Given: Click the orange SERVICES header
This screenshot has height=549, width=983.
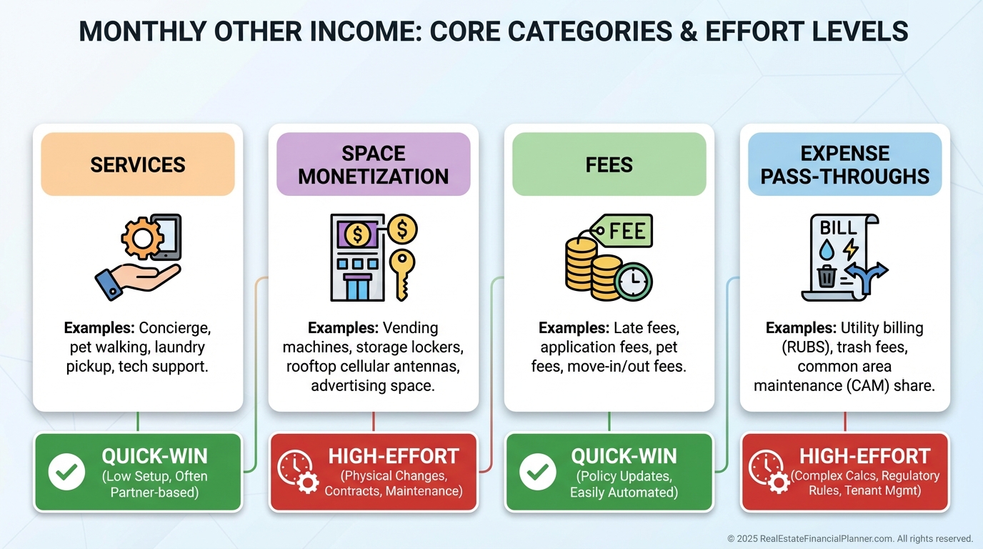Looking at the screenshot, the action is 138,164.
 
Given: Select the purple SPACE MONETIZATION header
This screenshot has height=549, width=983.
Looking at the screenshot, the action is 374,164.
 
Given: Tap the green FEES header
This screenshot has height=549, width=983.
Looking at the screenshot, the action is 609,164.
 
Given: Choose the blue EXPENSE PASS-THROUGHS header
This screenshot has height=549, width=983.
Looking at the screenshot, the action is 844,164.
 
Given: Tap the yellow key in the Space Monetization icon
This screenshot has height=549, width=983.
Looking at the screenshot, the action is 402,274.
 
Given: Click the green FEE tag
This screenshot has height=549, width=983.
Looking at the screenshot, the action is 621,231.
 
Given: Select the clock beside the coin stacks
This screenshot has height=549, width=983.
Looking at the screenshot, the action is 633,281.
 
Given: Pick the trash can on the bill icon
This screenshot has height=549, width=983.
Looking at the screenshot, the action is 827,276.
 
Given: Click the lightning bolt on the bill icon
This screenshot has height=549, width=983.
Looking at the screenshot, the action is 850,249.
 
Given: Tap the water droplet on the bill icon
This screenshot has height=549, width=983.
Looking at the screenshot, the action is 827,249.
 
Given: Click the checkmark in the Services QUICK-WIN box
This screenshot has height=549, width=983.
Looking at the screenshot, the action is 66,472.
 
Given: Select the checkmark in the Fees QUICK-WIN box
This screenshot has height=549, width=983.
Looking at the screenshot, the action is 537,472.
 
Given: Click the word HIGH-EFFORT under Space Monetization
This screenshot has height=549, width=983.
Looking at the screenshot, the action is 394,457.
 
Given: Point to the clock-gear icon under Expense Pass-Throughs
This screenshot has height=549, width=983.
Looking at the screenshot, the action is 769,472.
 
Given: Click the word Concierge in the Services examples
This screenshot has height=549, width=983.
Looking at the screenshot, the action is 174,328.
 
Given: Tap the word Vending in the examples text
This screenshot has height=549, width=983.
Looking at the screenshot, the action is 410,328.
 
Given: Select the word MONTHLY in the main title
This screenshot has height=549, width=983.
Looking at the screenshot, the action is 143,31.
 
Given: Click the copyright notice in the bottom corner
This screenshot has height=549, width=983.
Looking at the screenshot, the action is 850,538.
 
